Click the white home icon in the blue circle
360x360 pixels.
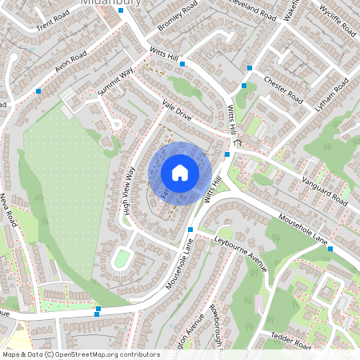tap(180, 173)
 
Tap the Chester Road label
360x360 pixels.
tap(282, 89)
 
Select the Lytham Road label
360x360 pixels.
tap(331, 94)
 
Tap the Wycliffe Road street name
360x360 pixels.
tap(336, 22)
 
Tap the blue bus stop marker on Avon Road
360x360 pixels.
tap(38, 92)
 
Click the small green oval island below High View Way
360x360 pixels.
tap(122, 258)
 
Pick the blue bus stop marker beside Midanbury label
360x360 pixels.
tap(120, 11)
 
